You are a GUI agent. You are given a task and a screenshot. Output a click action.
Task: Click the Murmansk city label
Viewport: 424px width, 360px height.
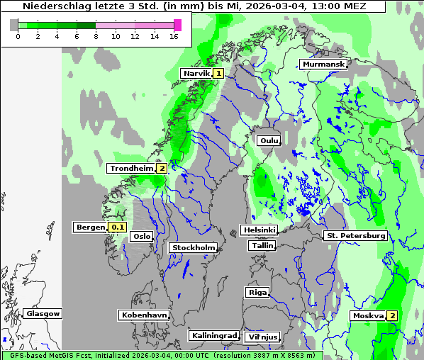323,64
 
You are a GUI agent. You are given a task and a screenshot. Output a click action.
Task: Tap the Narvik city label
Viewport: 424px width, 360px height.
196,73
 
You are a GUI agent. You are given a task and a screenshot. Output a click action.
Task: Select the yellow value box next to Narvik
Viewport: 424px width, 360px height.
218,73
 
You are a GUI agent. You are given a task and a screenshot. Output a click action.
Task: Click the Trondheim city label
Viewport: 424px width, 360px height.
131,168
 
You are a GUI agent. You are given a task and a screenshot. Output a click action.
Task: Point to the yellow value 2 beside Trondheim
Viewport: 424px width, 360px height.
162,168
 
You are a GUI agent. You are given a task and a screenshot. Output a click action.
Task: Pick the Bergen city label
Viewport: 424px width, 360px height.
89,227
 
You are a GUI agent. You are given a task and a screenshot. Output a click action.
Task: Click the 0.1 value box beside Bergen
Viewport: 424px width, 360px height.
117,227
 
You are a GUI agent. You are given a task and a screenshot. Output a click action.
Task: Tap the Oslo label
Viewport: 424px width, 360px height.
142,236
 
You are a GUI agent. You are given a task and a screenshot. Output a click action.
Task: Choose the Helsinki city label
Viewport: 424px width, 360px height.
259,230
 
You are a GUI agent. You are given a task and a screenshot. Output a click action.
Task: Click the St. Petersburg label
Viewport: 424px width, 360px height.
355,235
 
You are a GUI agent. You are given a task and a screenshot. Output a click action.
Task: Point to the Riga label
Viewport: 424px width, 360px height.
257,292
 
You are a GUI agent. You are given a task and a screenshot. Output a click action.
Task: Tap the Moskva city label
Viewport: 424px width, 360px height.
368,315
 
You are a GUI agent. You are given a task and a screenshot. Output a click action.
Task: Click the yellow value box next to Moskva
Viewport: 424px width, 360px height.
391,315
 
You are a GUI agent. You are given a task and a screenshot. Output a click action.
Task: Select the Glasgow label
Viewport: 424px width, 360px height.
43,313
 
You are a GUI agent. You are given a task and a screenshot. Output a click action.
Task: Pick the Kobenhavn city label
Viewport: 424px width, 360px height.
143,315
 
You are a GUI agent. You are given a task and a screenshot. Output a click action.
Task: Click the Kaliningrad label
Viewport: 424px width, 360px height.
213,335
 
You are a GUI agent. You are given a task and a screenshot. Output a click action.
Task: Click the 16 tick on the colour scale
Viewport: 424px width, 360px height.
174,37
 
